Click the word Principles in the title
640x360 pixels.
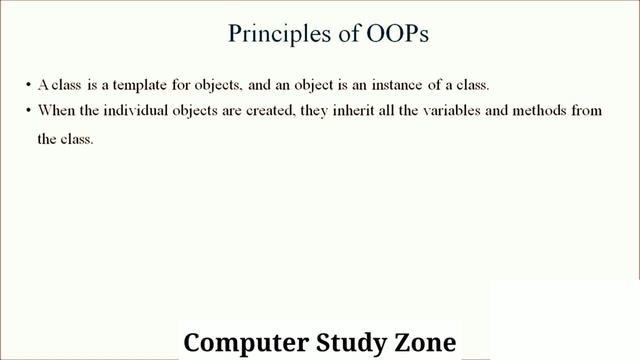[x=269, y=34]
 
